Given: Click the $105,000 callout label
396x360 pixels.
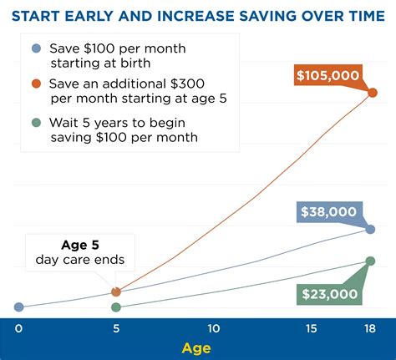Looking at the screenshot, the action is (x=328, y=75).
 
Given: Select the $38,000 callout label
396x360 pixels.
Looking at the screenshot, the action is (x=329, y=212).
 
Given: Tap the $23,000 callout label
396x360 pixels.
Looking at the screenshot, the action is (x=329, y=294).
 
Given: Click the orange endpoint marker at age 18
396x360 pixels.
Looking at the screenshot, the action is (x=373, y=93).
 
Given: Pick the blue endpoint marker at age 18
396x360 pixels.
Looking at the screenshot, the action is (x=370, y=230).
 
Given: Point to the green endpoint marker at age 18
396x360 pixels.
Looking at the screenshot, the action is (x=370, y=261).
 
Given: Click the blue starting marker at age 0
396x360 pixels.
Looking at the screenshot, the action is (x=18, y=307).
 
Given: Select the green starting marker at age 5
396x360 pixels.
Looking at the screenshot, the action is (x=116, y=307).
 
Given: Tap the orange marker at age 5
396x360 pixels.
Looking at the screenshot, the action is (x=116, y=292).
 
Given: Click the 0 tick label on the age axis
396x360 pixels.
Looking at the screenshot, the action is (x=18, y=329).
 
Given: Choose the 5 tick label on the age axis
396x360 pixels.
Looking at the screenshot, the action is (x=116, y=329).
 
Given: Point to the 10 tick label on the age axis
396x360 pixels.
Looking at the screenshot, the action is (x=214, y=329).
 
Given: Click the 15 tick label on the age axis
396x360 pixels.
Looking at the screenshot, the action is (x=311, y=329).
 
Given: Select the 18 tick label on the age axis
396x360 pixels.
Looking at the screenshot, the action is (x=370, y=329).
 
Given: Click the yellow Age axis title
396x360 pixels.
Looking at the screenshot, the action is (x=196, y=348).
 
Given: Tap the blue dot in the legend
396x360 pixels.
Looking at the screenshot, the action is (x=36, y=48).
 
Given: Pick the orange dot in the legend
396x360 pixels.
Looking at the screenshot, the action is (x=36, y=84).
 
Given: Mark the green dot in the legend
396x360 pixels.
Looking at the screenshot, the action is (x=36, y=123).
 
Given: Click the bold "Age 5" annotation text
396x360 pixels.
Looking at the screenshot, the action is (x=80, y=245).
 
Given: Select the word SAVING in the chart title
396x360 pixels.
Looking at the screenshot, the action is (x=268, y=16).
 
